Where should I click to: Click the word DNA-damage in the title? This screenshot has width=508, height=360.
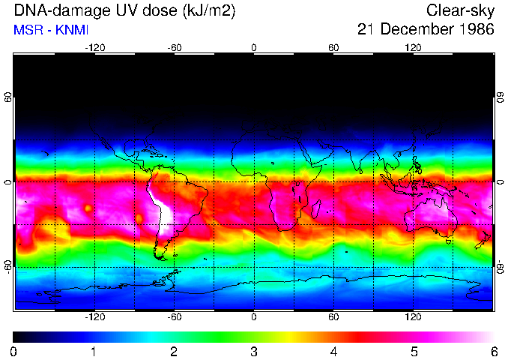(49, 11)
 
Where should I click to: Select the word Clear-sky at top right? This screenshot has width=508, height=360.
(460, 11)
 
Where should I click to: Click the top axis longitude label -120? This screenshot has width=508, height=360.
(94, 48)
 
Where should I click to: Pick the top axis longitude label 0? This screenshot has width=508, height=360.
(254, 48)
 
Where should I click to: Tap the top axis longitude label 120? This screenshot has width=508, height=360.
(413, 48)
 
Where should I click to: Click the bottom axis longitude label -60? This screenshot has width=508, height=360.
(175, 317)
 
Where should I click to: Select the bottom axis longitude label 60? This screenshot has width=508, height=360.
(333, 317)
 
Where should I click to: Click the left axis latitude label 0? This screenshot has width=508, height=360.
(7, 182)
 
